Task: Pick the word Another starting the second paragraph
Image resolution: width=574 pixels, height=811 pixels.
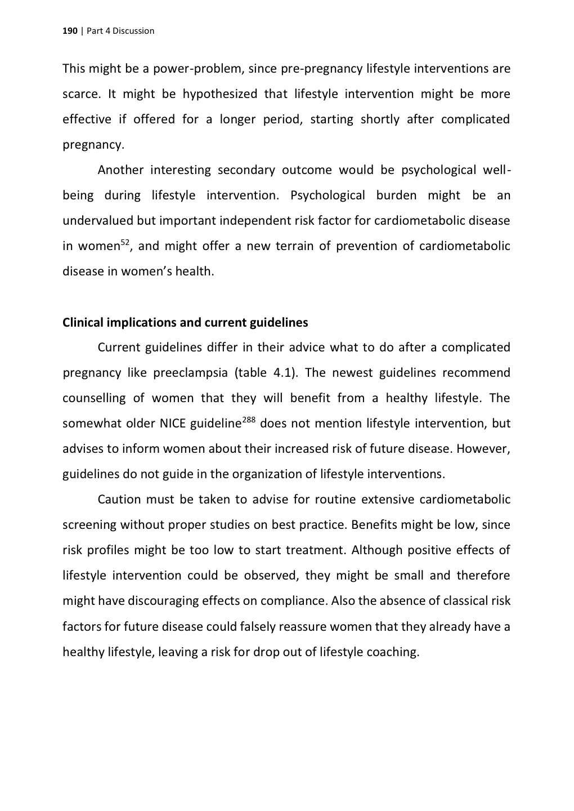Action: point(120,170)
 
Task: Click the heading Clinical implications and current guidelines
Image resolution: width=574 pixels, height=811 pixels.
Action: point(185,323)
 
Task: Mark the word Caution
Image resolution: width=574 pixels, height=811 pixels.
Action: point(119,500)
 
